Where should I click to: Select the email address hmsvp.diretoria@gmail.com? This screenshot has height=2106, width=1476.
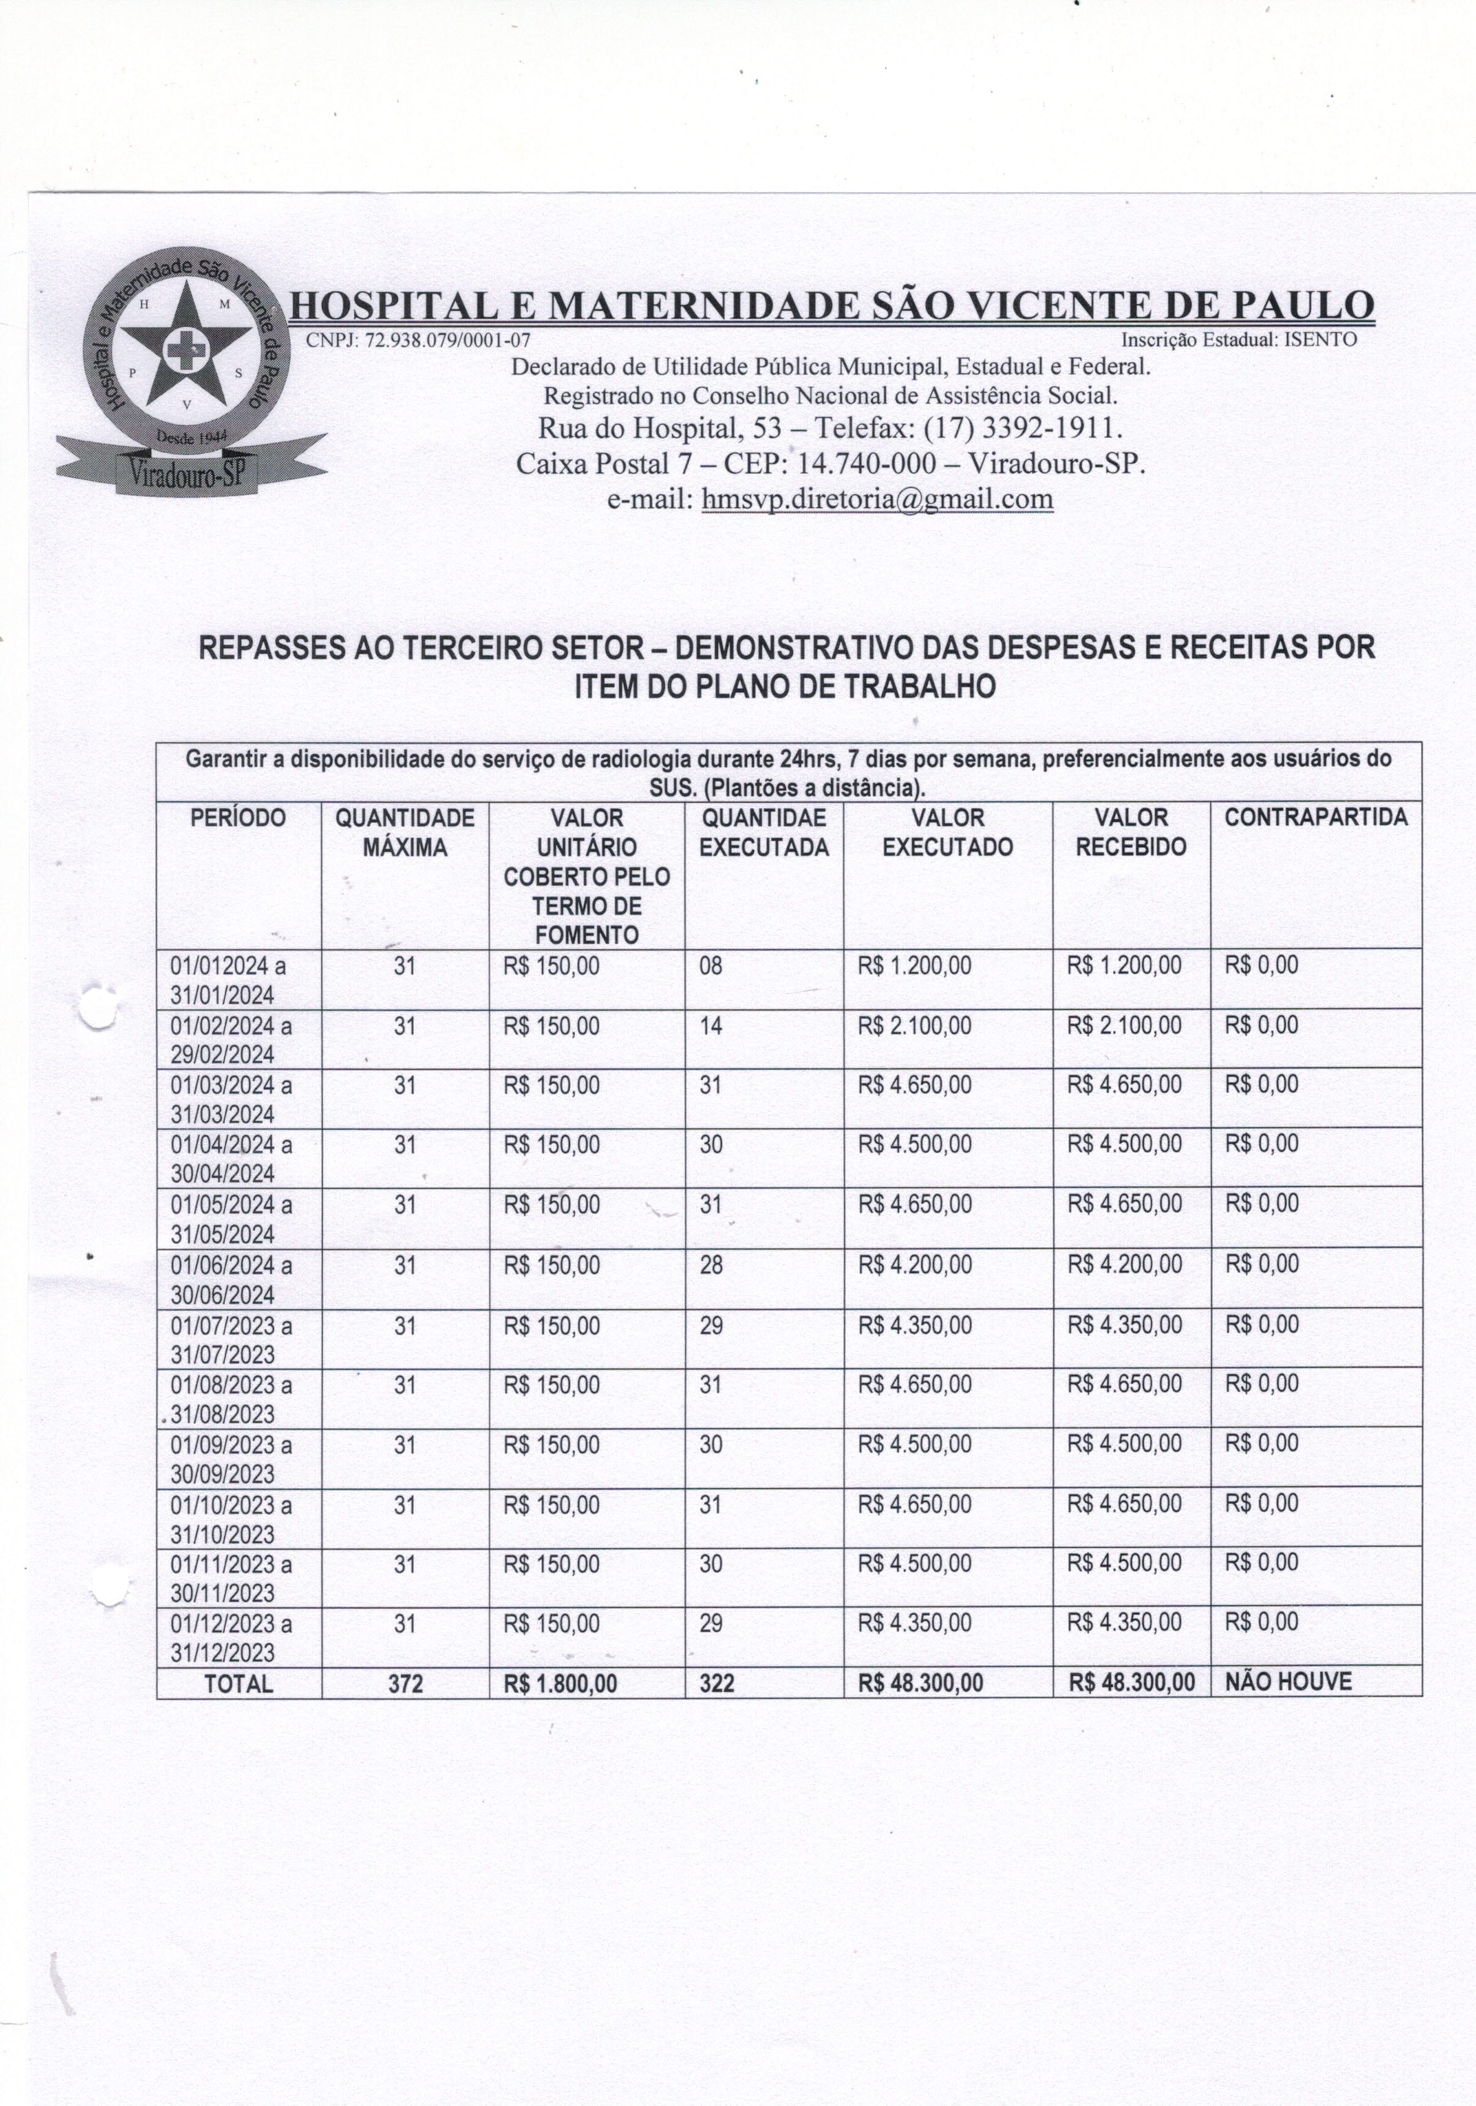pyautogui.click(x=877, y=499)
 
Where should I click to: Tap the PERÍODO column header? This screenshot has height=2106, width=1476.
pyautogui.click(x=238, y=818)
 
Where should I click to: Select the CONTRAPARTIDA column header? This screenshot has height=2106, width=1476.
pyautogui.click(x=1315, y=818)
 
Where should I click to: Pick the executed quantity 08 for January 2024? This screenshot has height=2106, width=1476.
pyautogui.click(x=711, y=966)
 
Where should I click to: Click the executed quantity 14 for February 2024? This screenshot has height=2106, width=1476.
pyautogui.click(x=711, y=1026)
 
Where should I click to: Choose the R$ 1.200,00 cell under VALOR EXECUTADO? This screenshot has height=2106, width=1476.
pyautogui.click(x=915, y=966)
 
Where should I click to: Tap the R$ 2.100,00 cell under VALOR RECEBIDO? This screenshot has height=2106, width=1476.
pyautogui.click(x=1124, y=1026)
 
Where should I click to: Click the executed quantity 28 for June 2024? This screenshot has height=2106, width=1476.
pyautogui.click(x=711, y=1266)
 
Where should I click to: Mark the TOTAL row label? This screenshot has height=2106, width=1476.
pyautogui.click(x=238, y=1684)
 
